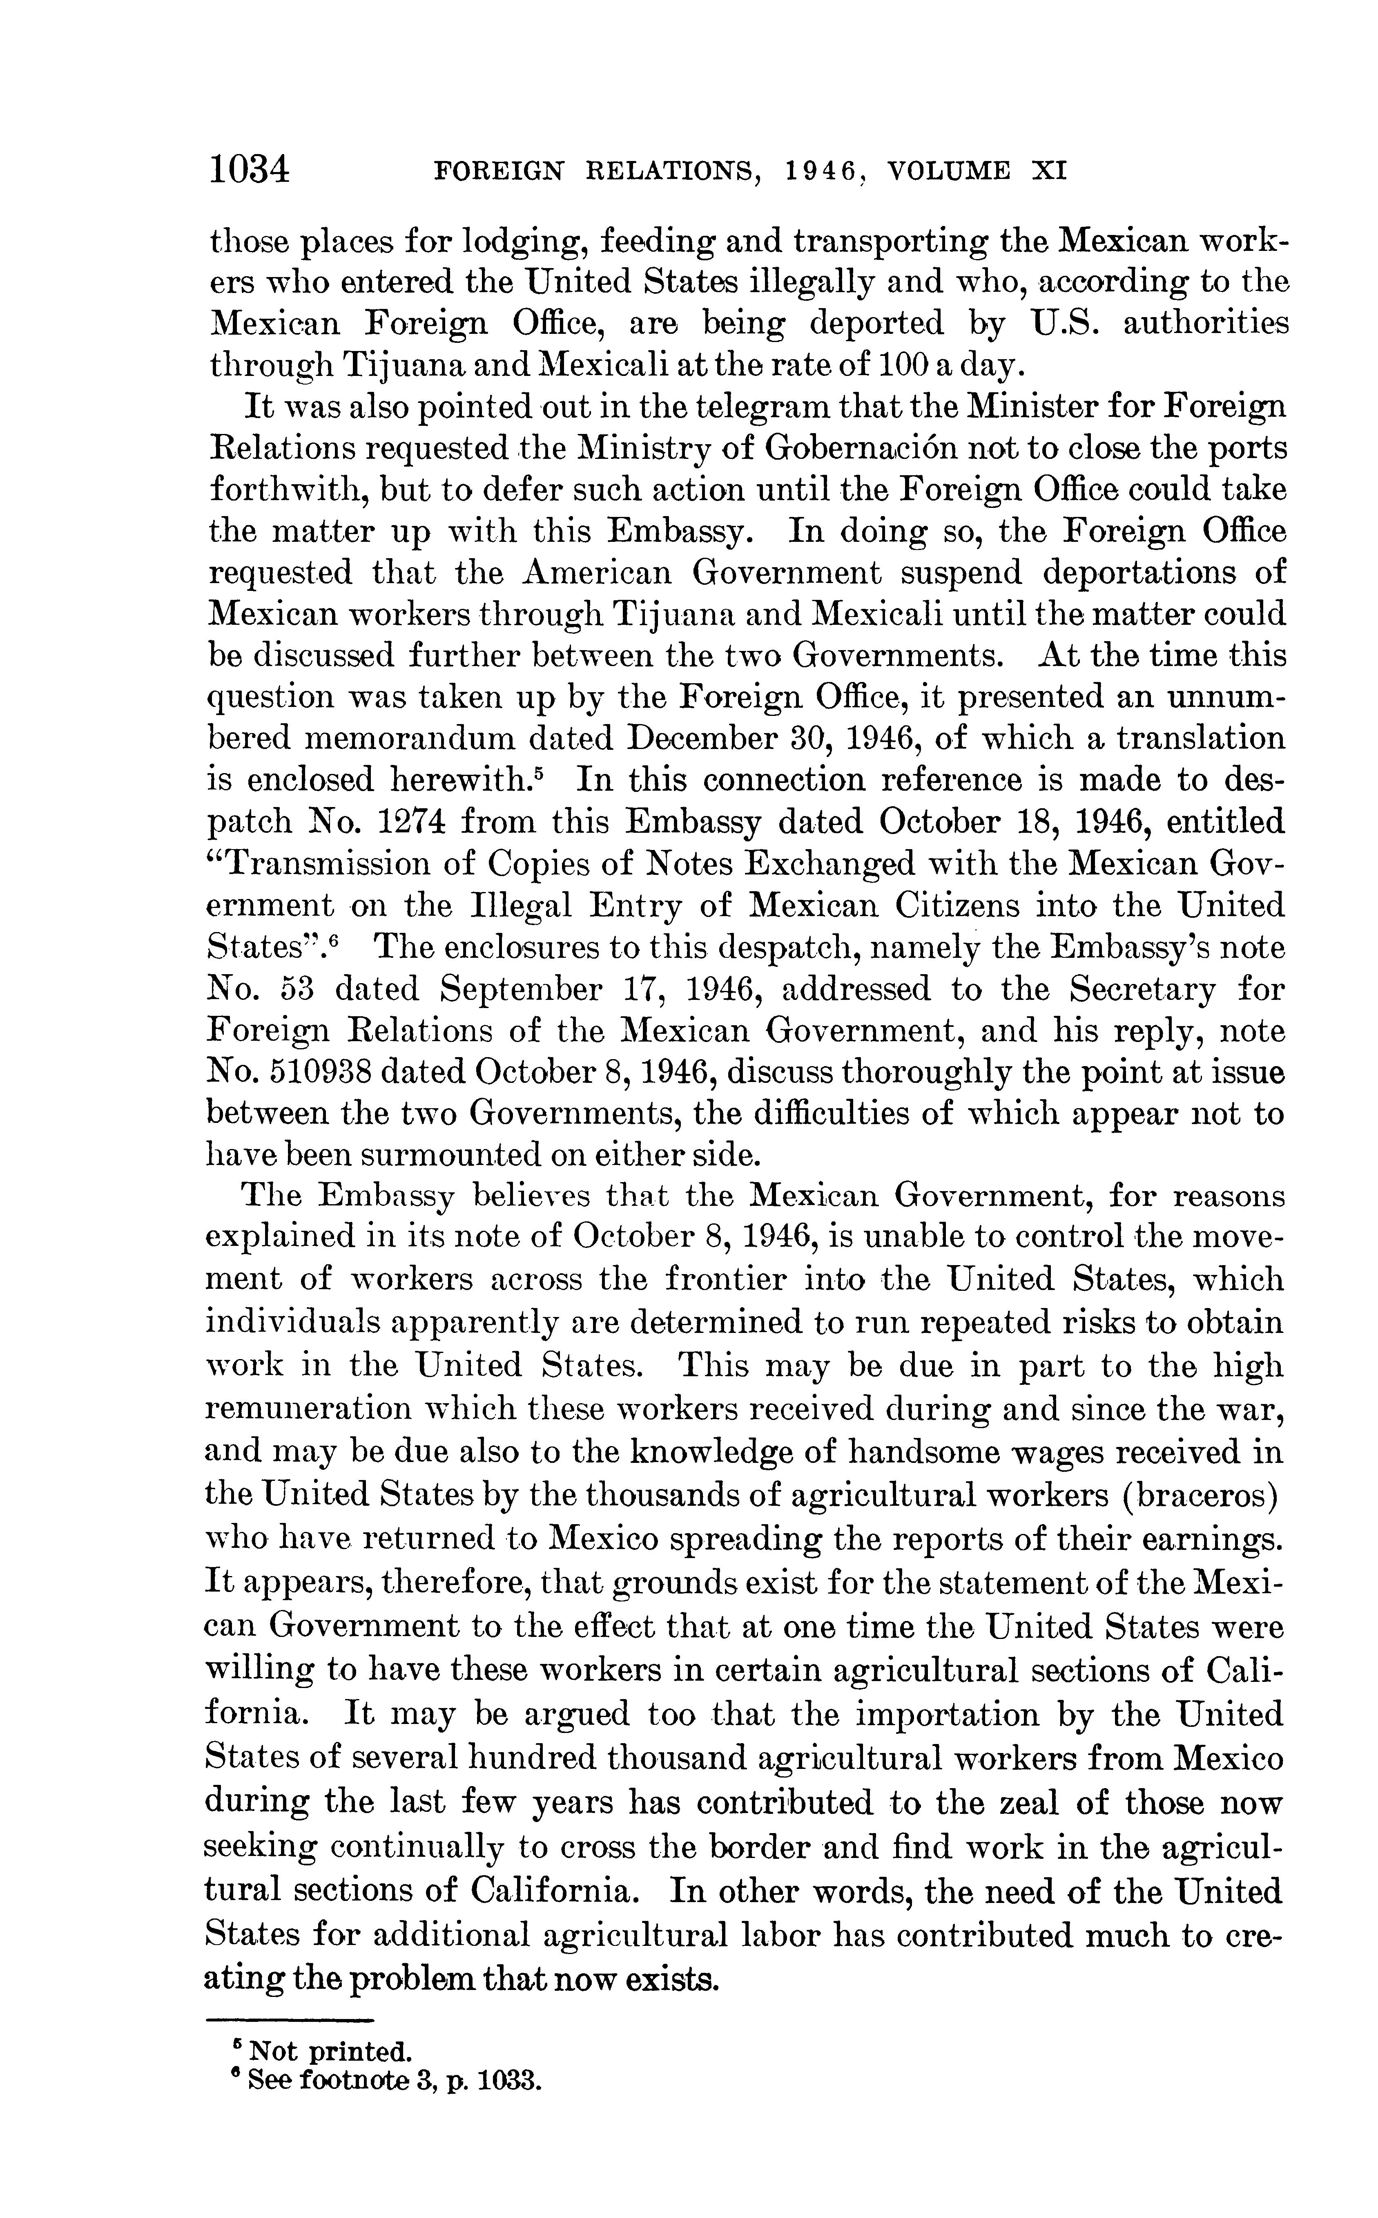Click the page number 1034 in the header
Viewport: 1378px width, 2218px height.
(249, 170)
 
